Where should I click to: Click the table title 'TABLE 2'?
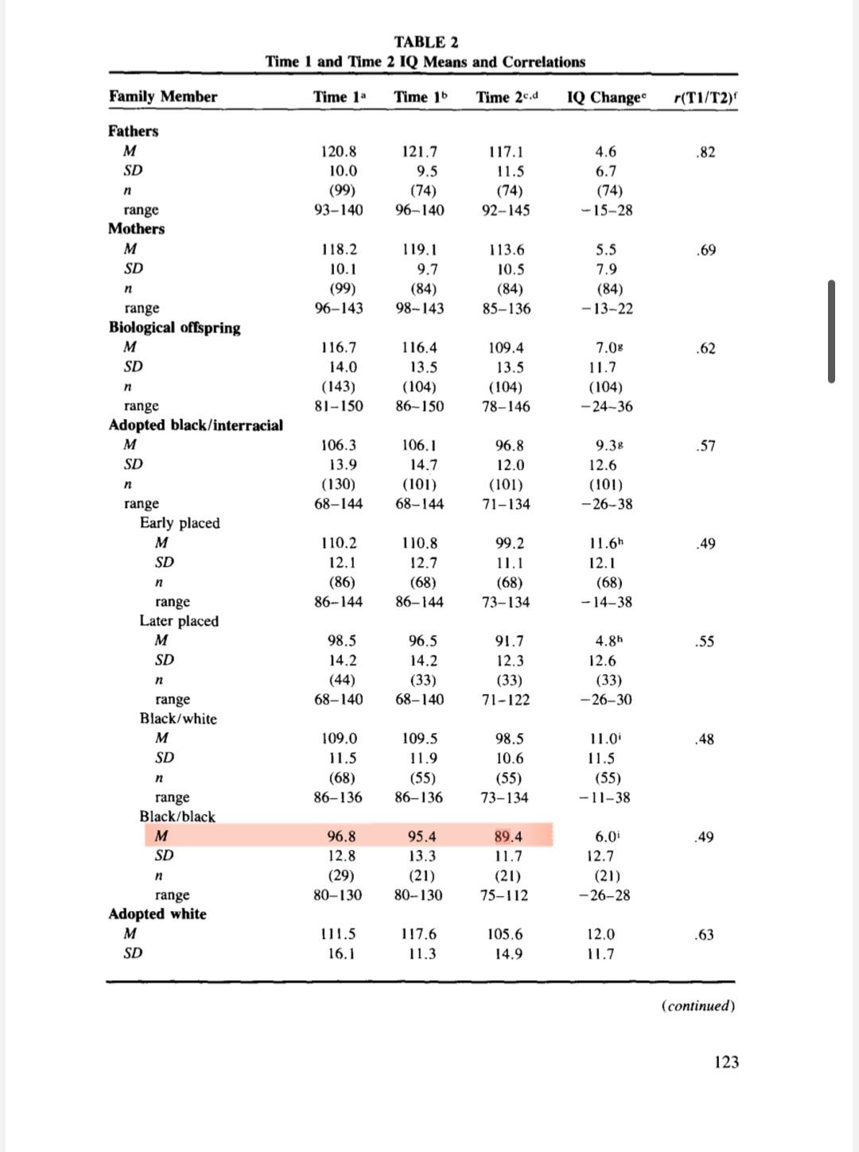pyautogui.click(x=426, y=41)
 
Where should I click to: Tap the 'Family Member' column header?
pyautogui.click(x=163, y=97)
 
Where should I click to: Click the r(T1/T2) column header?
pyautogui.click(x=705, y=97)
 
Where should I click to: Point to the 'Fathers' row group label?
pyautogui.click(x=134, y=131)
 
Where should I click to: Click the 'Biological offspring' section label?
pyautogui.click(x=174, y=328)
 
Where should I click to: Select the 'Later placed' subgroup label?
pyautogui.click(x=179, y=621)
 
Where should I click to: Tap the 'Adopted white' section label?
pyautogui.click(x=157, y=914)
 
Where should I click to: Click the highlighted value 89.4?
pyautogui.click(x=509, y=836)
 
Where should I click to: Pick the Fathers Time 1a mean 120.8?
pyautogui.click(x=339, y=151)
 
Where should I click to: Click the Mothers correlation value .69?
pyautogui.click(x=705, y=250)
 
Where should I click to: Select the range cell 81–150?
pyautogui.click(x=339, y=406)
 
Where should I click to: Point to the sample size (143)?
pyautogui.click(x=339, y=387)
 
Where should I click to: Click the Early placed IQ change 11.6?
pyautogui.click(x=606, y=544)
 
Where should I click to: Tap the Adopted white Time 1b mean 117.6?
pyautogui.click(x=420, y=934)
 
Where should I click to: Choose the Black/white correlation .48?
pyautogui.click(x=705, y=739)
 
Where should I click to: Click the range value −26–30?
pyautogui.click(x=606, y=700)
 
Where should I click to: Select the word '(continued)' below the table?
pyautogui.click(x=698, y=1006)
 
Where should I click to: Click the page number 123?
pyautogui.click(x=726, y=1062)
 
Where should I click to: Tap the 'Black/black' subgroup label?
pyautogui.click(x=177, y=816)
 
